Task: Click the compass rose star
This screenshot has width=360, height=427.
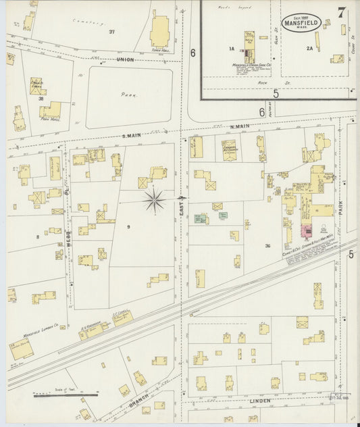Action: [x=155, y=200]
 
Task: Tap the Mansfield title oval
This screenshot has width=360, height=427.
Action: [x=301, y=22]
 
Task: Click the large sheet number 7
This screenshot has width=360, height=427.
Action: [x=342, y=13]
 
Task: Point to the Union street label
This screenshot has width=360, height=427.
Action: [x=126, y=59]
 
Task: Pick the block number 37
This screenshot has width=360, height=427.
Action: [x=111, y=32]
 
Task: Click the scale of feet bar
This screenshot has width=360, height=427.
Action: [x=65, y=395]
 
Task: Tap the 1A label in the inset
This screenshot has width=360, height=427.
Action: [x=231, y=49]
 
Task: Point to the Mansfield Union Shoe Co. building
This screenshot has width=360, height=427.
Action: [x=247, y=45]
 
